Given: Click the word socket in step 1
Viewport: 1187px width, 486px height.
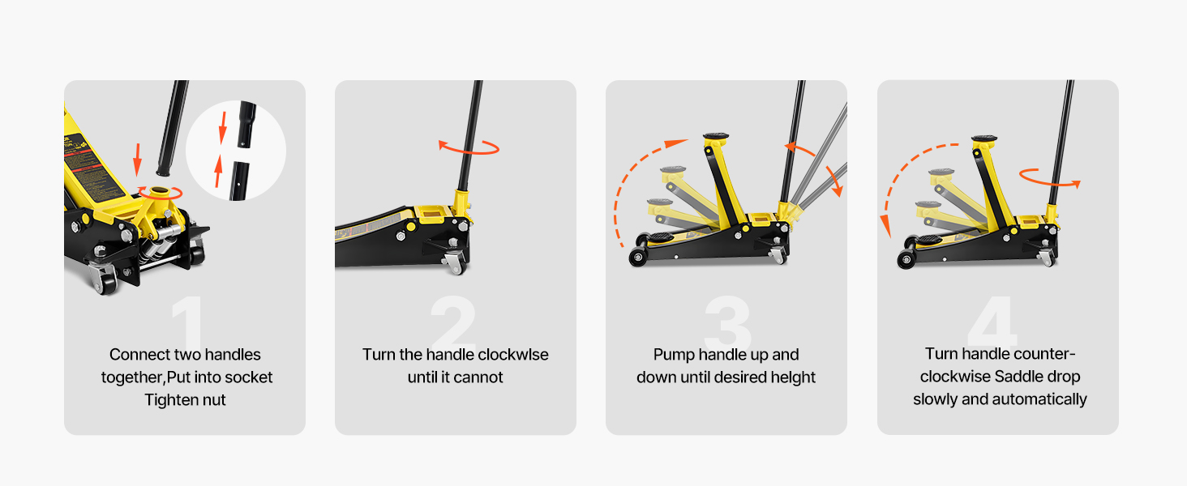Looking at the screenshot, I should click(x=249, y=377).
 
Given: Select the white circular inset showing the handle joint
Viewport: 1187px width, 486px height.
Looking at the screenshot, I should click(x=236, y=151).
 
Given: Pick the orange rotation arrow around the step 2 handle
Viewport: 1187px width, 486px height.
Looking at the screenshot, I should click(x=469, y=147).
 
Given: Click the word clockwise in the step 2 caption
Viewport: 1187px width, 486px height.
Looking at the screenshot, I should click(x=513, y=355).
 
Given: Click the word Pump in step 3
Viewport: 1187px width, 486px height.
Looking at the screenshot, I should click(x=675, y=355).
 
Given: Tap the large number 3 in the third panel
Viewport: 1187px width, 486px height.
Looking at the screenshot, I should click(x=727, y=324).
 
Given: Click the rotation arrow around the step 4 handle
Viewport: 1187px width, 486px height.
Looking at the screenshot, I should click(x=1050, y=178).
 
